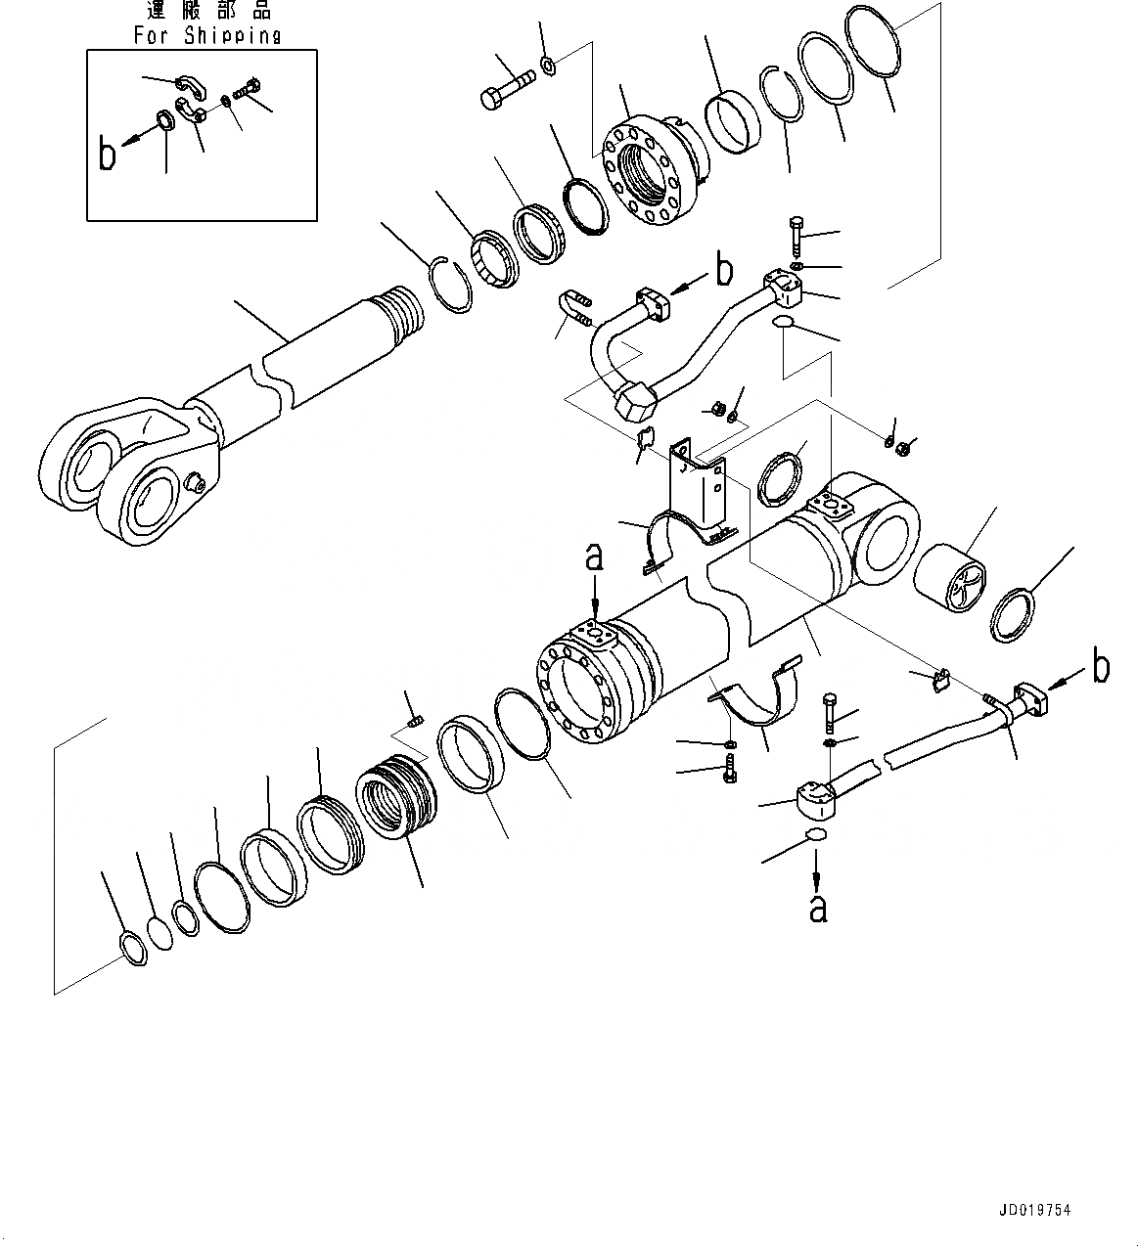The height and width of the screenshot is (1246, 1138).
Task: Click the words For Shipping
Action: point(206,36)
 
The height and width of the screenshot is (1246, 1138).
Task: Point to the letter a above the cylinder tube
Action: point(594,557)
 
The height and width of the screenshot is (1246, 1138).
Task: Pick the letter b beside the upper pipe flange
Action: point(723,270)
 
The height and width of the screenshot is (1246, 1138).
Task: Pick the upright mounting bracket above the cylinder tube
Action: point(701,490)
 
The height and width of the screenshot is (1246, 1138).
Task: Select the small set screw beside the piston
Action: point(414,722)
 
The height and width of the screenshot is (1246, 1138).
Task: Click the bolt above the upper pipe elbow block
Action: point(794,232)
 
